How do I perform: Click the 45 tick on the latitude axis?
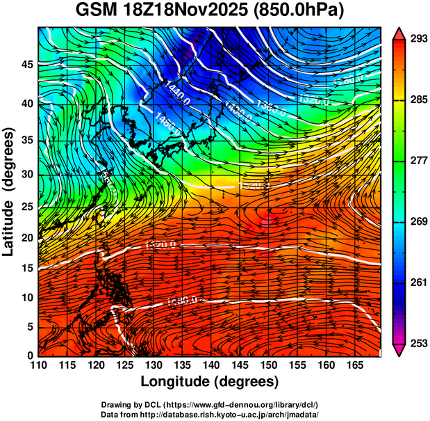(x=26, y=65)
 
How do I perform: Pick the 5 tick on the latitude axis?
(x=30, y=326)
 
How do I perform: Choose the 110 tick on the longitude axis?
(x=38, y=365)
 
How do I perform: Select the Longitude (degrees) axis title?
(x=209, y=381)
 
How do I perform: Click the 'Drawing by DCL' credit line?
(x=209, y=405)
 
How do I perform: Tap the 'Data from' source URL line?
(x=209, y=414)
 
